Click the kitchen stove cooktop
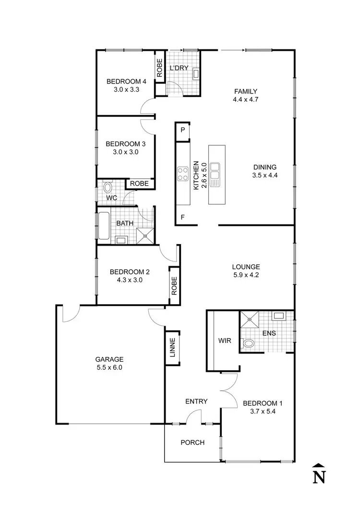[x=183, y=173]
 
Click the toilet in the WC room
[x=108, y=187]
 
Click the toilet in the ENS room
[x=249, y=343]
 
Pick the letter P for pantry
[x=183, y=130]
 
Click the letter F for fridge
[x=183, y=217]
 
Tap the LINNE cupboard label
[x=172, y=348]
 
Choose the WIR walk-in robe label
[x=225, y=341]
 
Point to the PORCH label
[x=192, y=442]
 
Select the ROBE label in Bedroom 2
[x=174, y=286]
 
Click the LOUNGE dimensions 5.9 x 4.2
[x=246, y=275]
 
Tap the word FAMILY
[x=246, y=91]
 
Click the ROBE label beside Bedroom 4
[x=159, y=68]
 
